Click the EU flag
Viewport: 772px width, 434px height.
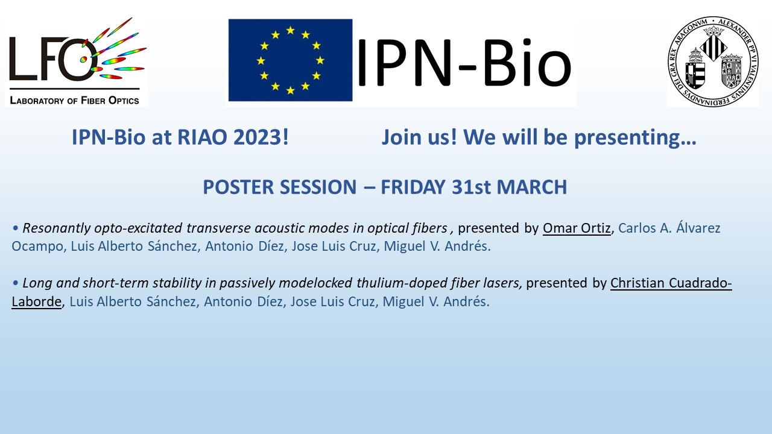[x=290, y=60]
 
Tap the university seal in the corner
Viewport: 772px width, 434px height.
[x=713, y=61]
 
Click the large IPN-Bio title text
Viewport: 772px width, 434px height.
[x=464, y=63]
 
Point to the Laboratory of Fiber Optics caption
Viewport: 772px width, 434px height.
[x=74, y=100]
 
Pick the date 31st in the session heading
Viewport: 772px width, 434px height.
[x=471, y=187]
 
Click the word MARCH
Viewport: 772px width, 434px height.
[x=532, y=187]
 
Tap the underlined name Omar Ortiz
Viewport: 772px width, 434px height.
[x=577, y=228]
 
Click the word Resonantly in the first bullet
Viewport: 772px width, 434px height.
[x=57, y=228]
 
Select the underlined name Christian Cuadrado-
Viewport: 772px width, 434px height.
[x=671, y=283]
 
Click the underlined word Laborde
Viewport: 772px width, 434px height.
[x=37, y=302]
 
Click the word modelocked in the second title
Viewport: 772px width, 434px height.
[x=315, y=283]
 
